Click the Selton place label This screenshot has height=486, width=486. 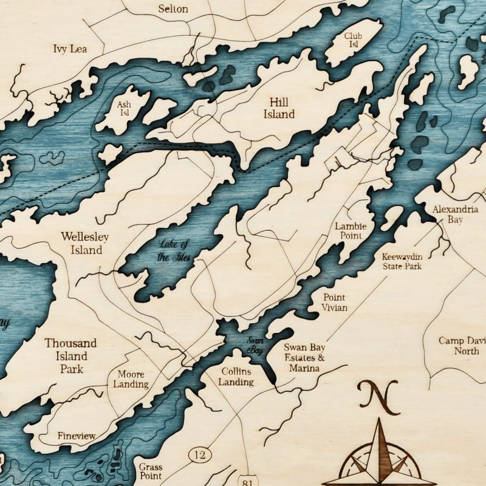click(173, 9)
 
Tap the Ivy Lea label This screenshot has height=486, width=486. click(70, 48)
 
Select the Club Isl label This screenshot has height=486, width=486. click(353, 40)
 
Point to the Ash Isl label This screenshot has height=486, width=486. click(124, 108)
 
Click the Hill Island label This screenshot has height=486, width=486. click(278, 108)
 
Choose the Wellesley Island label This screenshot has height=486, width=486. click(81, 242)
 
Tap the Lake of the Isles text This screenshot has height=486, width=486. click(174, 251)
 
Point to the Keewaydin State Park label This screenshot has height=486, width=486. click(402, 261)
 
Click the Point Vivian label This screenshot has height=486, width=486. click(335, 303)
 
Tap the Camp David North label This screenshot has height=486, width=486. click(462, 346)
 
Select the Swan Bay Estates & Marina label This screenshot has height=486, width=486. click(304, 358)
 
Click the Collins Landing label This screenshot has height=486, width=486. click(237, 376)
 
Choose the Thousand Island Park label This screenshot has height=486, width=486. click(70, 356)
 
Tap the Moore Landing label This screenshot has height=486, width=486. click(131, 380)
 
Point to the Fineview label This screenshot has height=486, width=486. click(77, 436)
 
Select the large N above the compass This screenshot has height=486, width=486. click(377, 395)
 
